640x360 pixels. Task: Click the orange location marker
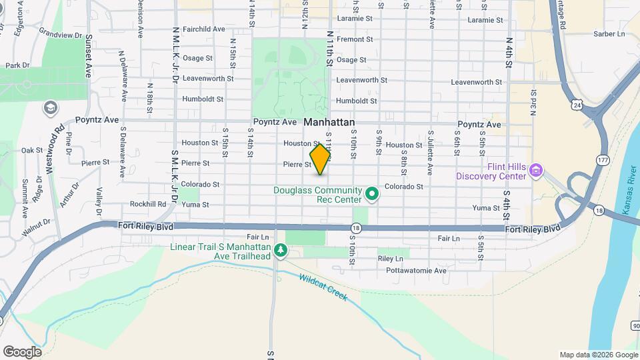[x=321, y=159]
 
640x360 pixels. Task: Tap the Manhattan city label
[x=329, y=123]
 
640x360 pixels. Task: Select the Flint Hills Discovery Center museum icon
[x=535, y=171]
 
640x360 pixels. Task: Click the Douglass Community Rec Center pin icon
[x=373, y=195]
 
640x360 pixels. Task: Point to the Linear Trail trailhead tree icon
[x=281, y=250]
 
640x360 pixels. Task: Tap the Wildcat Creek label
[x=323, y=287]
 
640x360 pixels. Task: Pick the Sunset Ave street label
[x=87, y=53]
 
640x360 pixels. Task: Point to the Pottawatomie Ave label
[x=416, y=271]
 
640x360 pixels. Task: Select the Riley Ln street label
[x=391, y=258]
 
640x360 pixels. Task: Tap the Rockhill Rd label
[x=148, y=204]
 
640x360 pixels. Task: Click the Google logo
[x=22, y=351]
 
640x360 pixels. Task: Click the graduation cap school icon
[x=50, y=107]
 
